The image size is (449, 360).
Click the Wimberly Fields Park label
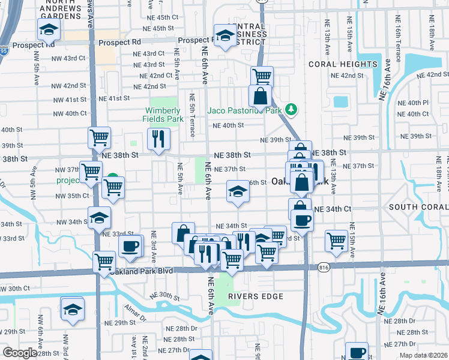(163, 115)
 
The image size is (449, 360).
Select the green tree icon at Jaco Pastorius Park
(291, 109)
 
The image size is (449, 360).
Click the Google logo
(20, 353)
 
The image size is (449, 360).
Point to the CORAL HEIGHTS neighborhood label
(342, 64)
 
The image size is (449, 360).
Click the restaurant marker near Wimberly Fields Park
(159, 140)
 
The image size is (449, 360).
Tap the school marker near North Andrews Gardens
(49, 28)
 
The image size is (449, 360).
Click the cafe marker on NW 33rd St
(130, 245)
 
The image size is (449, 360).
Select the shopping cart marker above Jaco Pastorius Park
(262, 76)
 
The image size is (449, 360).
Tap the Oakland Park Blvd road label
(141, 271)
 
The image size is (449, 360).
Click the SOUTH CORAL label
(418, 207)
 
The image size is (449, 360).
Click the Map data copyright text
(423, 355)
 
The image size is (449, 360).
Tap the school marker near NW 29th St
(73, 309)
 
